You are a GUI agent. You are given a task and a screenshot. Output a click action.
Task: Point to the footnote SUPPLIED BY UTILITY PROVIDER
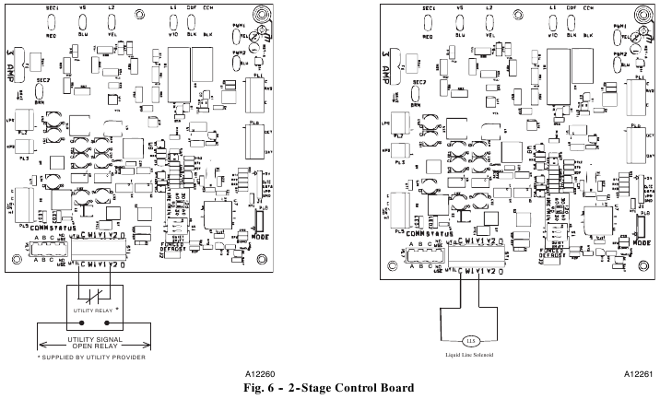[91, 357]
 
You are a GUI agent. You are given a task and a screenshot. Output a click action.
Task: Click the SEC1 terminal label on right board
[428, 7]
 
